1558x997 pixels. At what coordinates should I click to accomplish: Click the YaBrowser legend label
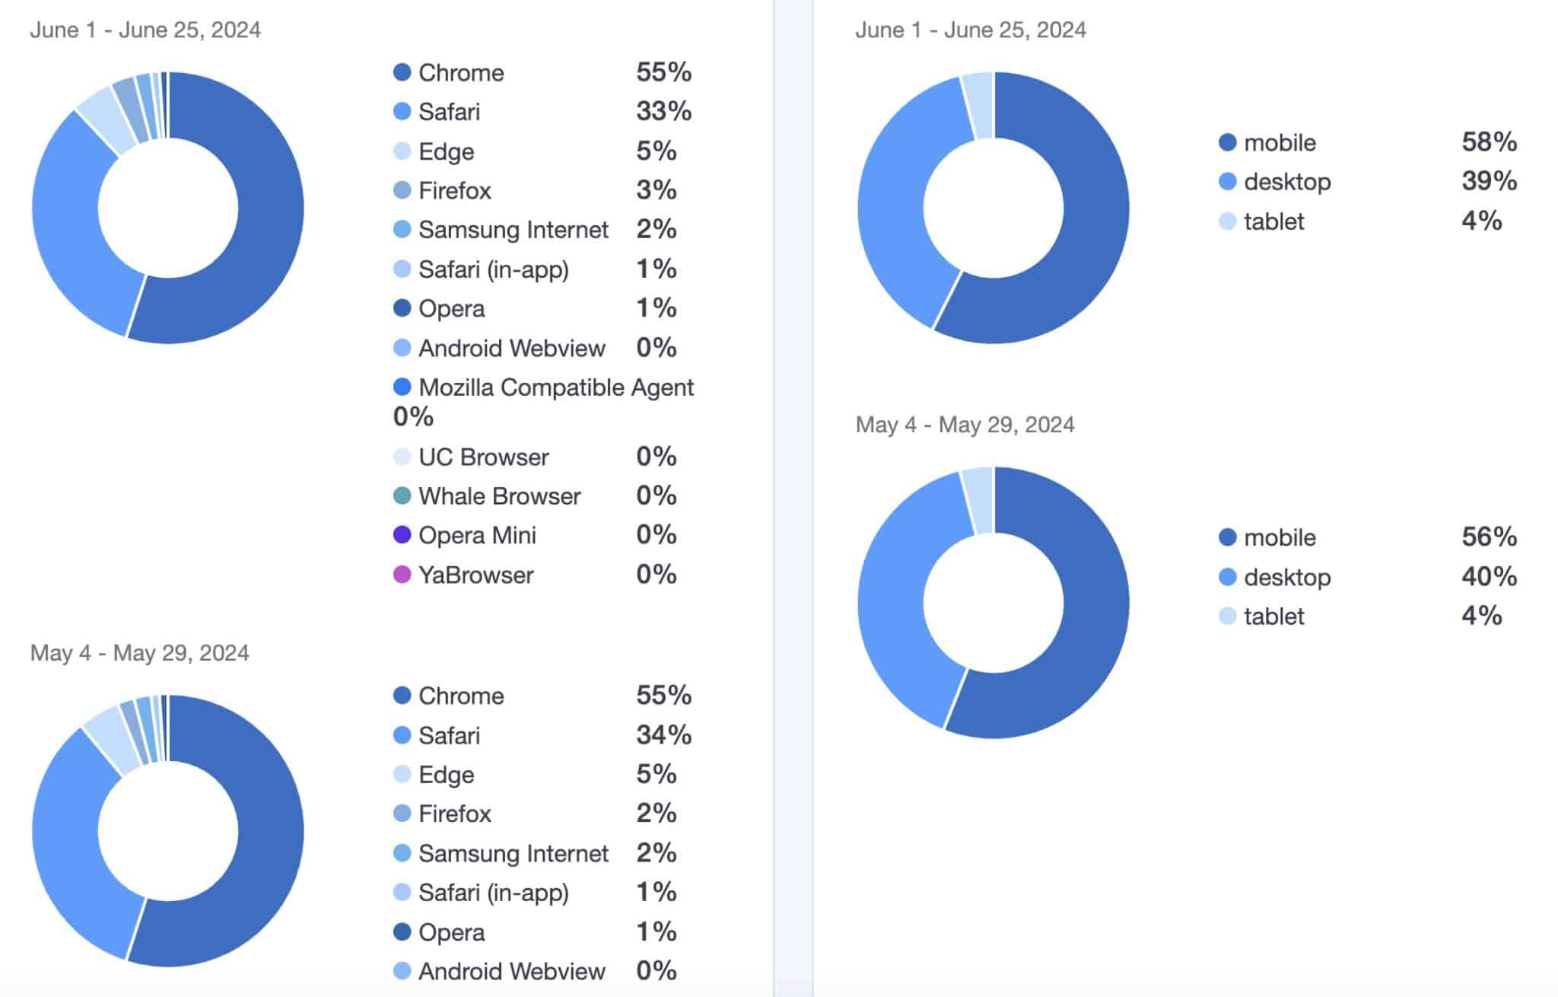coord(475,575)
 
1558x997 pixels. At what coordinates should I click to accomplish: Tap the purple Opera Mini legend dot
coord(402,535)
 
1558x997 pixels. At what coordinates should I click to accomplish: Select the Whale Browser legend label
coord(499,496)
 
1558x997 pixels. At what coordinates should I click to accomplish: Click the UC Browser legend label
coord(483,457)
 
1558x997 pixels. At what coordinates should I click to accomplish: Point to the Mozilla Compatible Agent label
coord(555,387)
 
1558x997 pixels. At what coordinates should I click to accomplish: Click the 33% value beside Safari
coord(663,111)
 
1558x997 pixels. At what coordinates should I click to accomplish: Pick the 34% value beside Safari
coord(663,734)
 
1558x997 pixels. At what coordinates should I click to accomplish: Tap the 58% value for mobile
coord(1489,142)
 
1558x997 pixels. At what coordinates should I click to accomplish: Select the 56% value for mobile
coord(1489,537)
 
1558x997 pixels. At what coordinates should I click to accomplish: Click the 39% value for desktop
coord(1489,181)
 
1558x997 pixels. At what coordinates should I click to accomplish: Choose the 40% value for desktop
coord(1489,576)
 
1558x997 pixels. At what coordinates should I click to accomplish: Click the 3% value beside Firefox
coord(656,190)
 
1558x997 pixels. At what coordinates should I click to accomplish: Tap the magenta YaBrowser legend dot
coord(402,575)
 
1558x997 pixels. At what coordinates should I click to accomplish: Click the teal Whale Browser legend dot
coord(402,496)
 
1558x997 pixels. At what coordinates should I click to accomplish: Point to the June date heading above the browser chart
coord(145,30)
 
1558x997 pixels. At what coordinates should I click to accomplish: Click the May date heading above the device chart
coord(965,425)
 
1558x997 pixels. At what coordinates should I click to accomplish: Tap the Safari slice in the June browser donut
coord(68,228)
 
